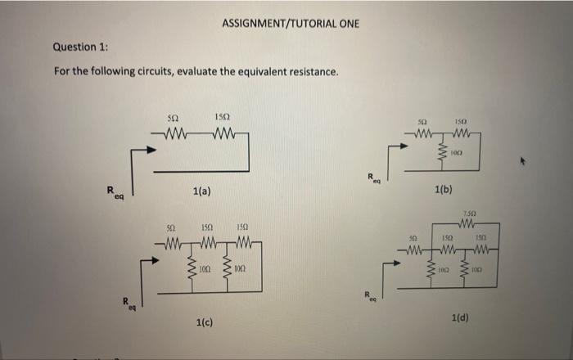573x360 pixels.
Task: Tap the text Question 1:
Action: (81, 47)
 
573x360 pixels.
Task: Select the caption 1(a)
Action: (202, 191)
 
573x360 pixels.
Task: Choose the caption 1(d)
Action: (460, 316)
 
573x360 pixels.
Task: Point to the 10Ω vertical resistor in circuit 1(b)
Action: (442, 152)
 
